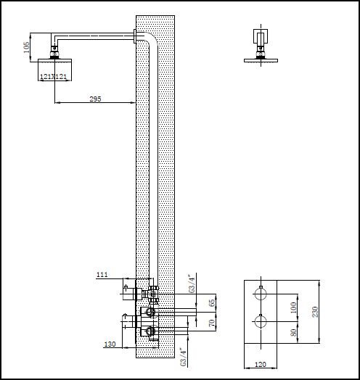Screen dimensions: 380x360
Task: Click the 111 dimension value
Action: pyautogui.click(x=102, y=275)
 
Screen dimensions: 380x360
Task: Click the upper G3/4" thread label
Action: pyautogui.click(x=192, y=282)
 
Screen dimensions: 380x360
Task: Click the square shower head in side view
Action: pyautogui.click(x=55, y=70)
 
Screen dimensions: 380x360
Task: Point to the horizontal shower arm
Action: pyautogui.click(x=94, y=33)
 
